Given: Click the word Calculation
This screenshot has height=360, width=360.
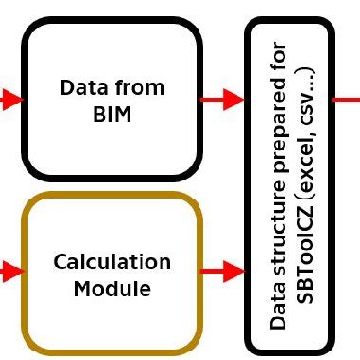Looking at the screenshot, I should click(x=112, y=261).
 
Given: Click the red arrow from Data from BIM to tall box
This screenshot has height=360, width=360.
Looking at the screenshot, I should click(x=224, y=97).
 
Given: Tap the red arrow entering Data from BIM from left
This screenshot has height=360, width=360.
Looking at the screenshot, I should click(x=9, y=97).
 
